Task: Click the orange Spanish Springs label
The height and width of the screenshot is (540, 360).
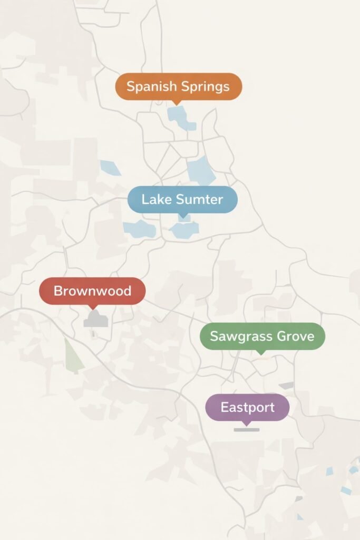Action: click(178, 86)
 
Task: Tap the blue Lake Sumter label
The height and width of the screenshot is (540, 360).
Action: click(182, 199)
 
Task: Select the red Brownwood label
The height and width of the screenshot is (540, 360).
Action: click(92, 291)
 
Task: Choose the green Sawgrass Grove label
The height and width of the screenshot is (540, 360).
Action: click(262, 336)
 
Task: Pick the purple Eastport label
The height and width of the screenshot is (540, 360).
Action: click(247, 407)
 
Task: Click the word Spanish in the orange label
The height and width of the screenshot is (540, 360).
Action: click(151, 86)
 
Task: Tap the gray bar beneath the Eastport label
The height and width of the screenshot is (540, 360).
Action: click(247, 430)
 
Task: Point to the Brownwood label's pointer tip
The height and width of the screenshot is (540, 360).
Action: click(93, 308)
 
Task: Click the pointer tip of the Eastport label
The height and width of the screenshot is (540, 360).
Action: click(246, 424)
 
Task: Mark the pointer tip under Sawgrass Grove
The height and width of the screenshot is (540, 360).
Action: click(260, 353)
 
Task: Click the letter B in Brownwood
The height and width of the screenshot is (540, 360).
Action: click(58, 291)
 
